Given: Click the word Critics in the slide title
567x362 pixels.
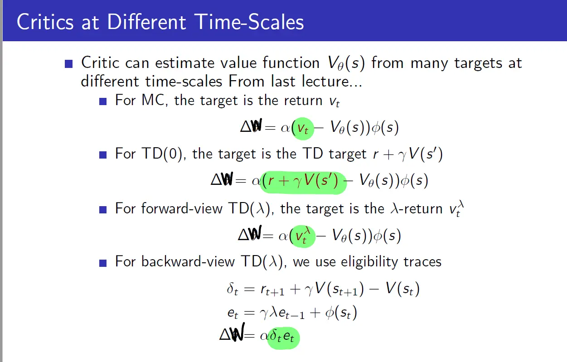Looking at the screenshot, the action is [x=45, y=22].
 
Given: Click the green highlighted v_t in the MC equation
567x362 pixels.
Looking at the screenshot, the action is [x=303, y=129].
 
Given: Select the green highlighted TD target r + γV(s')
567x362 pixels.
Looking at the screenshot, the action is [x=303, y=182].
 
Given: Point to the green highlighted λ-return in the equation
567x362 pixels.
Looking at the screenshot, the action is [x=303, y=236].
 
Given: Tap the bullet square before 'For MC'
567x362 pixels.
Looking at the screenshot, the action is [x=103, y=101].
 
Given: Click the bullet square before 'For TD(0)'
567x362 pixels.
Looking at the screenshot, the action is [x=103, y=155].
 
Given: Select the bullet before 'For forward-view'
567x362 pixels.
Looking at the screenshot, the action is [x=103, y=209].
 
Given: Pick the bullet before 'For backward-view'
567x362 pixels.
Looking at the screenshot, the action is [x=103, y=263].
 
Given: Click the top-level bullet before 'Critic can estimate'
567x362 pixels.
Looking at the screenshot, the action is [x=68, y=64].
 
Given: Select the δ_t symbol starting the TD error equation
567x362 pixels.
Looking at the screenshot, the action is [x=233, y=289].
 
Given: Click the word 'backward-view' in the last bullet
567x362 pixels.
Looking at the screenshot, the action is [x=188, y=261].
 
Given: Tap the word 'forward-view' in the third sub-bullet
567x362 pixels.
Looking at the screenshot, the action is [x=182, y=208].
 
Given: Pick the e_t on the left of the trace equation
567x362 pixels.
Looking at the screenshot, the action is [x=233, y=314].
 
